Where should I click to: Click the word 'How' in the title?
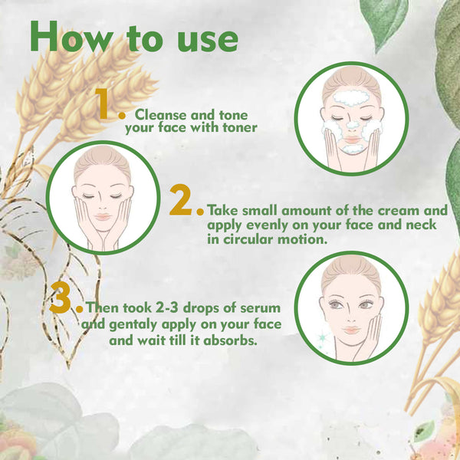72,37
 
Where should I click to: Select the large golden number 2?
181,200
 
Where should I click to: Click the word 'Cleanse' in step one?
160,115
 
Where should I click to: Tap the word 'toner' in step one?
240,127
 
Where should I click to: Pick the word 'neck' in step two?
421,225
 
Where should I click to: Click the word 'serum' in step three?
260,308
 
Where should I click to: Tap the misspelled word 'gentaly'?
133,325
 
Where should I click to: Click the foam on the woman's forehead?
351,97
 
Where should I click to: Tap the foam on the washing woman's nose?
352,125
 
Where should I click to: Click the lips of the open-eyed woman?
351,330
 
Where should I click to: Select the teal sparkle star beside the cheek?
323,337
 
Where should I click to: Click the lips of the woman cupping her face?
103,217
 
